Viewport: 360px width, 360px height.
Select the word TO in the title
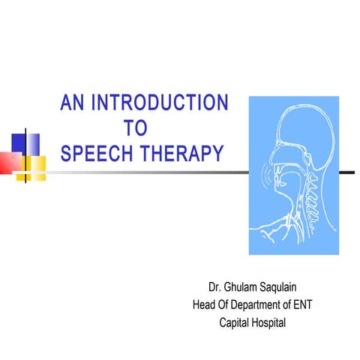(x=133, y=128)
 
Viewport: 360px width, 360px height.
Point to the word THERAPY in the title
(x=186, y=154)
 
